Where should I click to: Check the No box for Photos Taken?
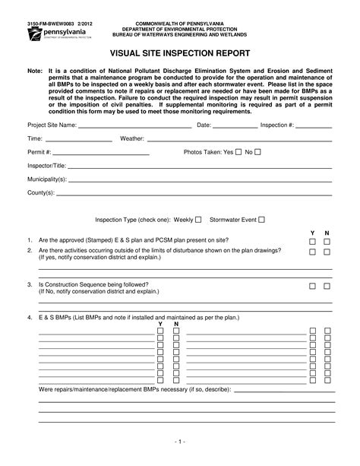[257, 152]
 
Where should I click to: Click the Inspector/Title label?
[47, 165]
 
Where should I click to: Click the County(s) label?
[41, 192]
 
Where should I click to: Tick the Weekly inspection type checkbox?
[198, 220]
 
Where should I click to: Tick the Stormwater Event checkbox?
[261, 220]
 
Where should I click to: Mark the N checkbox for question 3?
[327, 287]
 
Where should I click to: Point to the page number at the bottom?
[180, 441]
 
